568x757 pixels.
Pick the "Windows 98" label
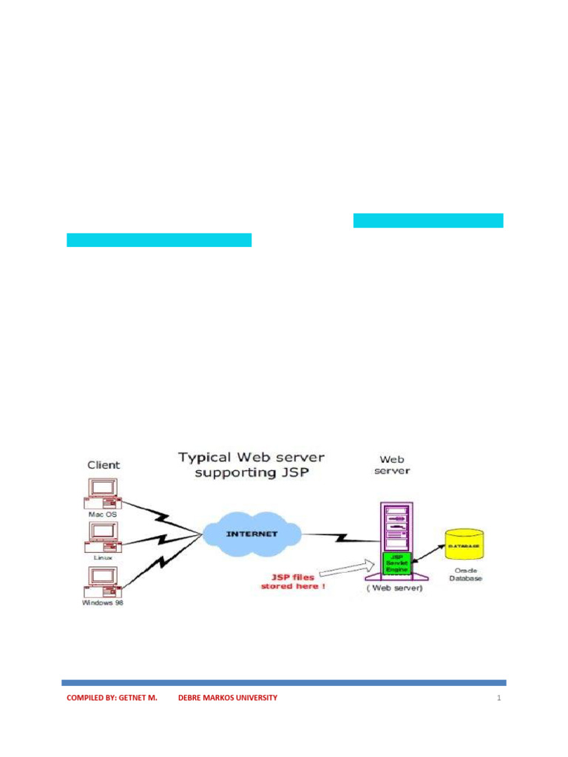(103, 603)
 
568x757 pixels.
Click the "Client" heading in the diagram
(104, 465)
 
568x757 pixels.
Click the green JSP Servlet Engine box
(396, 564)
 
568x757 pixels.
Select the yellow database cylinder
(464, 546)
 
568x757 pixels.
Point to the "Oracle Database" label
(464, 574)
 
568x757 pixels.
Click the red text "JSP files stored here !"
(292, 581)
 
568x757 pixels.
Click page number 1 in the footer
(499, 697)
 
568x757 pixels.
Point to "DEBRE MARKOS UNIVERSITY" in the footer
(228, 697)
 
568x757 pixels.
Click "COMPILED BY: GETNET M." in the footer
(112, 697)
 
